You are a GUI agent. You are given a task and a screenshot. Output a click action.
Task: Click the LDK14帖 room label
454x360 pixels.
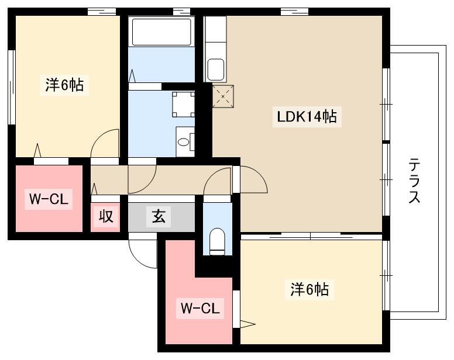tap(307, 116)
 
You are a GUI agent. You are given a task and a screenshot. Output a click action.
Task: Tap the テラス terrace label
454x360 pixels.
tap(414, 181)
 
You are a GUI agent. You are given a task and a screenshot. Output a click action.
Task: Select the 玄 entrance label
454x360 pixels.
tap(159, 216)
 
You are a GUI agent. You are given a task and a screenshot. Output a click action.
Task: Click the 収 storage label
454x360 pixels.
tap(106, 216)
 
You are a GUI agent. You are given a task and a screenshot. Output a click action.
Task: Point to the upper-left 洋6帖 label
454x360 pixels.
tap(64, 85)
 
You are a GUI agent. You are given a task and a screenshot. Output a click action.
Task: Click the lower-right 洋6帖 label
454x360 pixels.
tap(309, 289)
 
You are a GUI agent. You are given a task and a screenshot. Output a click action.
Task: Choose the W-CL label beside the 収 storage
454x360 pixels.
tap(49, 199)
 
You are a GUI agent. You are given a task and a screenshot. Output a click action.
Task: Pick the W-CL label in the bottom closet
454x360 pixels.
tap(200, 308)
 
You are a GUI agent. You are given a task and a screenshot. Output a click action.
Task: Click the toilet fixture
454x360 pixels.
tap(217, 242)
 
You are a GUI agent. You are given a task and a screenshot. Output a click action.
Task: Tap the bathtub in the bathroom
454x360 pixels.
tap(161, 32)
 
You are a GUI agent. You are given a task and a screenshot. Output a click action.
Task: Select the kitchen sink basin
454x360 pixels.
tap(216, 70)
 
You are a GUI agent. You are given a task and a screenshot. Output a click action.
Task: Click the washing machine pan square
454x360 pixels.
tap(183, 104)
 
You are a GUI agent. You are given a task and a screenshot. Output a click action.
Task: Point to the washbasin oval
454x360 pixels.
tap(183, 142)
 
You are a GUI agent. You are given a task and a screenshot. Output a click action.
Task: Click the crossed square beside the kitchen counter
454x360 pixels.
tap(223, 96)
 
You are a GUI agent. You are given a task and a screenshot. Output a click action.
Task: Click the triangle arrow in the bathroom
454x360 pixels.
tap(132, 76)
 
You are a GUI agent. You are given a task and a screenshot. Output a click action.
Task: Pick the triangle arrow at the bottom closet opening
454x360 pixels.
tap(247, 324)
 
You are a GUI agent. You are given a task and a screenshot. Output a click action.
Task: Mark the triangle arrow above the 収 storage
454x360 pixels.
tap(94, 189)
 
